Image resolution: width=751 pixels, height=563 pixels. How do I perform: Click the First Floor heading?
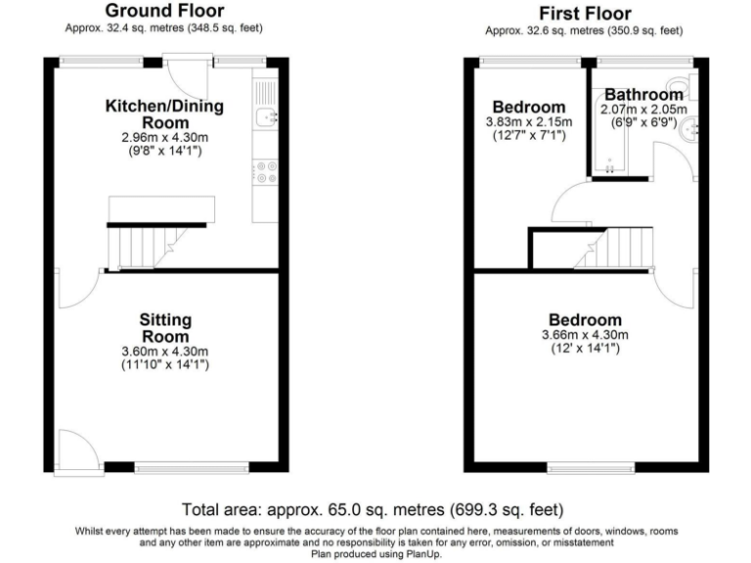point(584,13)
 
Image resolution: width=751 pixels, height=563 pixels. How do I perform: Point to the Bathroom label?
point(641,95)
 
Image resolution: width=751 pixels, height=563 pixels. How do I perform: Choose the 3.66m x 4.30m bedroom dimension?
point(584,335)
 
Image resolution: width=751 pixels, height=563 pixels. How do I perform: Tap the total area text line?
point(373,509)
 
